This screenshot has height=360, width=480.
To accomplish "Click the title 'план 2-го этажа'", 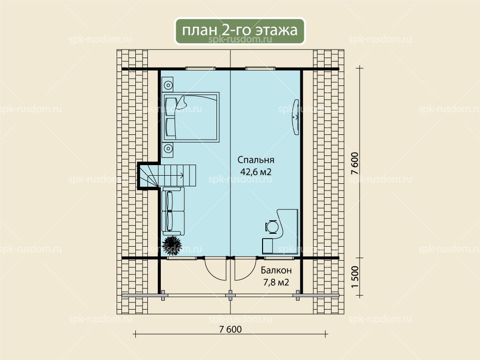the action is (x=240, y=30).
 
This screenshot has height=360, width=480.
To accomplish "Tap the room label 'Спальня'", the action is (x=256, y=160).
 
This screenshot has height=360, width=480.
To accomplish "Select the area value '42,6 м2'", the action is (x=256, y=172).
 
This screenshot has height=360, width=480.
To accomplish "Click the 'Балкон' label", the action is (x=276, y=270).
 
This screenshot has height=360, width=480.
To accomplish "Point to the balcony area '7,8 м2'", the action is (x=276, y=282).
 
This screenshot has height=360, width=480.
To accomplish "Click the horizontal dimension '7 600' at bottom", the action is (x=230, y=329).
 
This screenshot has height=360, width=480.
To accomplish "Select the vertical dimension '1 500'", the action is (x=355, y=277).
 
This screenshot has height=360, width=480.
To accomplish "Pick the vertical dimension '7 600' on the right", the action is (x=355, y=164).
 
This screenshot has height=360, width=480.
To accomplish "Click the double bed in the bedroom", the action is (x=191, y=117).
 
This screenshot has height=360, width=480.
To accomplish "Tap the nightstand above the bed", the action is (x=168, y=85).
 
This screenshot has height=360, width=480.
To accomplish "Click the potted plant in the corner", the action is (x=171, y=244).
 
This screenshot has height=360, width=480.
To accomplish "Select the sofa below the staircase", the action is (x=173, y=211).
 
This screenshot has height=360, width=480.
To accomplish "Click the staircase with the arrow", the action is (x=167, y=175).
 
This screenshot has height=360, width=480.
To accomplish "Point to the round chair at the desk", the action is (x=272, y=227).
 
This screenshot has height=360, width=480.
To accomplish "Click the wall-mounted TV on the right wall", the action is (x=296, y=117).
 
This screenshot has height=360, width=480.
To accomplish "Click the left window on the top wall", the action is (x=201, y=69).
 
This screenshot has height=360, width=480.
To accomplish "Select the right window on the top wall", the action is (x=261, y=69).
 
